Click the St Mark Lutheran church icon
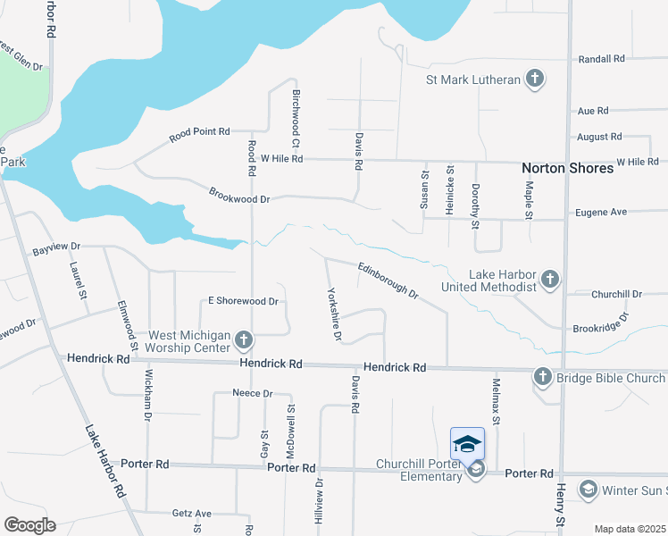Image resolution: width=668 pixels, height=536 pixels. pos(534,80)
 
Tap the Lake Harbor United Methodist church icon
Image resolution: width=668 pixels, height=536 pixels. pos(549,281)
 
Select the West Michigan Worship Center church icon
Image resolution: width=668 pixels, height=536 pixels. pos(244,340)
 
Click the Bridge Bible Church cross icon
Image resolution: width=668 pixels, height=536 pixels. pos(543,378)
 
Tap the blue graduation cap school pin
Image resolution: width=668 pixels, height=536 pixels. pos(468,443)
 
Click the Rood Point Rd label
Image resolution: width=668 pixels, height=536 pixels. pos(200,133)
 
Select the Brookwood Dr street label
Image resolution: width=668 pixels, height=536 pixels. pos(239,193)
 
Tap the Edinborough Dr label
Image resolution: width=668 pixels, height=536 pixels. pos(388,279)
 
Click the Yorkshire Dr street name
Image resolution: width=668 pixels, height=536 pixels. pos(333,314)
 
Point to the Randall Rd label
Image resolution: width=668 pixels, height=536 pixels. pos(602,59)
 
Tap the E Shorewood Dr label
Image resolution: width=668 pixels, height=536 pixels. pos(244,301)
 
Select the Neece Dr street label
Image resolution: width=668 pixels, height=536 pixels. pos(252,393)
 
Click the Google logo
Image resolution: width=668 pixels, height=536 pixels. pos(29,525)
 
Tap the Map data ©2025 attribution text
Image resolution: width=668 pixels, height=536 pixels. pos(630,529)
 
